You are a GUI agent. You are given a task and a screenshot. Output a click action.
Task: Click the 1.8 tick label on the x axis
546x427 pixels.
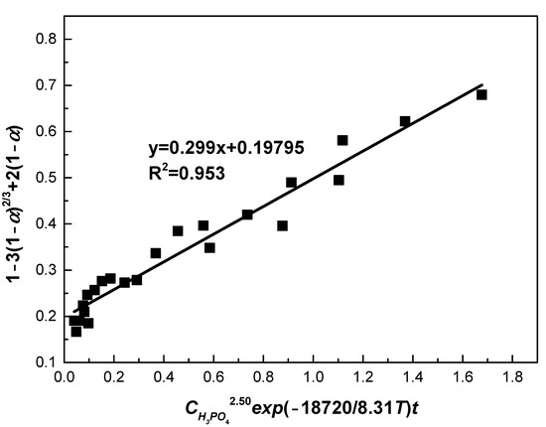pyautogui.click(x=513, y=378)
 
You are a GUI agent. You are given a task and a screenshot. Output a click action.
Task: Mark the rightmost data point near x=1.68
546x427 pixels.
pyautogui.click(x=481, y=94)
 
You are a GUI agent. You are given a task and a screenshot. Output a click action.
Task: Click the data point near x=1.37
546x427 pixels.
pyautogui.click(x=405, y=121)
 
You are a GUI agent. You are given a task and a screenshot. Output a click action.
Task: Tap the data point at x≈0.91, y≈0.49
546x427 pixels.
pyautogui.click(x=291, y=183)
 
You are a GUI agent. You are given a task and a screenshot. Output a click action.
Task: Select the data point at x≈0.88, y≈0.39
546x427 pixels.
pyautogui.click(x=283, y=225)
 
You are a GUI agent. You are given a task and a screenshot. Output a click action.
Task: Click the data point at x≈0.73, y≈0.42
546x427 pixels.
pyautogui.click(x=247, y=214)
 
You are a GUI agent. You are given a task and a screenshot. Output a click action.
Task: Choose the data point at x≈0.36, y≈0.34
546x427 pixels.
pyautogui.click(x=156, y=253)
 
